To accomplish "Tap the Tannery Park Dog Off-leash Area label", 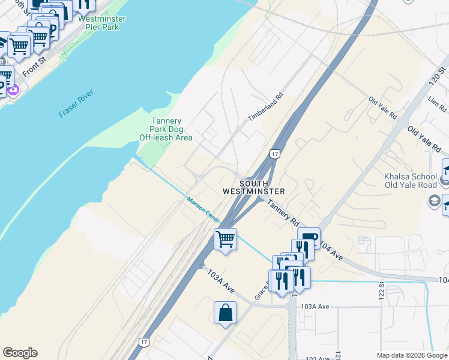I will click(x=166, y=129).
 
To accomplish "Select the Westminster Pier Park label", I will click(x=101, y=23).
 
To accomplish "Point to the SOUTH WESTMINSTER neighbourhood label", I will click(x=253, y=187).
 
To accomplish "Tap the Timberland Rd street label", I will click(x=265, y=106).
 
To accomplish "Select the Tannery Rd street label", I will click(x=283, y=212).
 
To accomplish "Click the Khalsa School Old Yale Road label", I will click(x=410, y=181).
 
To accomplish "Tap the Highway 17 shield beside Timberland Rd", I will click(x=275, y=155).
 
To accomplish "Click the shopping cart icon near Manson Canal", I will click(x=225, y=239).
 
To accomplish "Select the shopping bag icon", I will click(x=225, y=313).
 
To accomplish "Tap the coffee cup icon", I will click(x=309, y=238).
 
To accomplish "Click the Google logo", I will click(x=20, y=353).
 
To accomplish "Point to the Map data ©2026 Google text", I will click(x=411, y=355).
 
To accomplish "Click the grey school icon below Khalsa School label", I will click(x=435, y=201).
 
